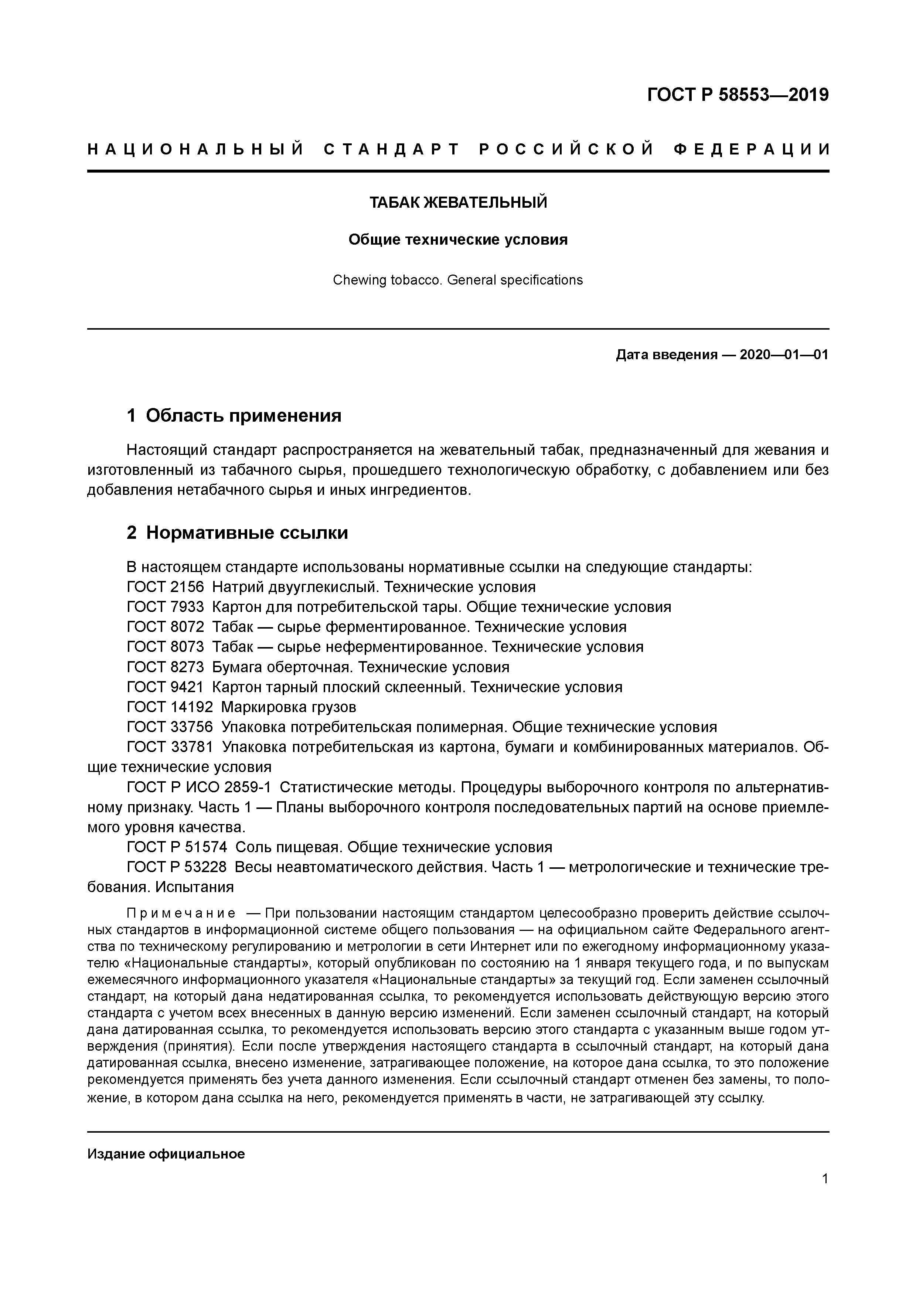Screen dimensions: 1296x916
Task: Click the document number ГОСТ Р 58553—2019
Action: pyautogui.click(x=737, y=95)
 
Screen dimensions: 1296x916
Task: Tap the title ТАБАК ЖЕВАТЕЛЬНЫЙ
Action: pyautogui.click(x=458, y=203)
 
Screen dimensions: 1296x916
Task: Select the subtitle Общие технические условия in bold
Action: pyautogui.click(x=458, y=240)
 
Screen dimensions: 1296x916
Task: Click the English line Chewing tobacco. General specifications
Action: pyautogui.click(x=458, y=280)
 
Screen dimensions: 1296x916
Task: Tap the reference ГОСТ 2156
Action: pyautogui.click(x=166, y=587)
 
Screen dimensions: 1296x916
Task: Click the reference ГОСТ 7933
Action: pyautogui.click(x=166, y=608)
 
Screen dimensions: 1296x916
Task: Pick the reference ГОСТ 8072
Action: pyautogui.click(x=166, y=627)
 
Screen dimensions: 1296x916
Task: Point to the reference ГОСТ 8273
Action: pyautogui.click(x=166, y=667)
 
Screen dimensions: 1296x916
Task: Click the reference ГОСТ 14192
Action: pyautogui.click(x=170, y=707)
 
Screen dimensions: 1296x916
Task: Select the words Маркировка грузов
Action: pyautogui.click(x=289, y=707)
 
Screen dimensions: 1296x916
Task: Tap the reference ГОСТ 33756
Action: pyautogui.click(x=170, y=727)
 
